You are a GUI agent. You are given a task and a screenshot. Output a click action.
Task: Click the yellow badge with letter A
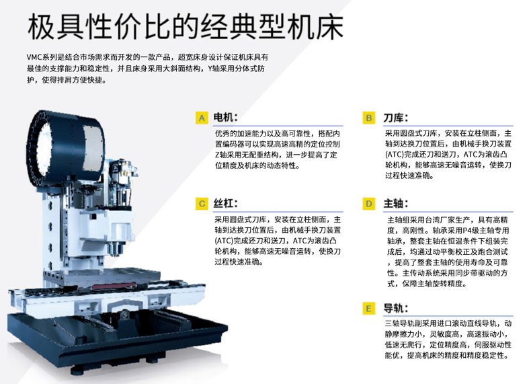pyautogui.click(x=202, y=118)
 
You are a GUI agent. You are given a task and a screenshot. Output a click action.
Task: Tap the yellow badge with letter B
pyautogui.click(x=369, y=118)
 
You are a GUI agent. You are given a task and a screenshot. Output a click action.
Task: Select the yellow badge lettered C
pyautogui.click(x=202, y=204)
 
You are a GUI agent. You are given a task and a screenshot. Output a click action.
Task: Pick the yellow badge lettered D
pyautogui.click(x=369, y=204)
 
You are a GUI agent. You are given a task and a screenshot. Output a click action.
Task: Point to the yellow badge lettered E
pyautogui.click(x=369, y=309)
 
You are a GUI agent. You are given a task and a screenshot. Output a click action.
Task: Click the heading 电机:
pyautogui.click(x=226, y=117)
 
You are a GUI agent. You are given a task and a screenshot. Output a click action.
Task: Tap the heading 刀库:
pyautogui.click(x=396, y=118)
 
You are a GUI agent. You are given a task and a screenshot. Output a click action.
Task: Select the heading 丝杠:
pyautogui.click(x=226, y=203)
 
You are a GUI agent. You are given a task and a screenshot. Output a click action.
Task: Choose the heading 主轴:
pyautogui.click(x=396, y=203)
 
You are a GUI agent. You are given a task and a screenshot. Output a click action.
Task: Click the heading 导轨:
pyautogui.click(x=396, y=309)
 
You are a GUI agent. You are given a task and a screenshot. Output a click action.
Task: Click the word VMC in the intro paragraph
pyautogui.click(x=34, y=57)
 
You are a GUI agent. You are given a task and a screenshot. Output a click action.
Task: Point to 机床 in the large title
pyautogui.click(x=316, y=27)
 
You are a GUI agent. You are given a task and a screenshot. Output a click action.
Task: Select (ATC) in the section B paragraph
pyautogui.click(x=395, y=155)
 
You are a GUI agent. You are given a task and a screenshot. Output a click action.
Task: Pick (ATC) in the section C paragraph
pyautogui.click(x=224, y=241)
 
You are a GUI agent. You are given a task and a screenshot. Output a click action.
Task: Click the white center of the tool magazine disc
pyautogui.click(x=44, y=149)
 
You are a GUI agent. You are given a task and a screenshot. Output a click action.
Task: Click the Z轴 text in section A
pyautogui.click(x=220, y=155)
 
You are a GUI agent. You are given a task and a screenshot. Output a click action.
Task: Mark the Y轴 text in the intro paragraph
pyautogui.click(x=213, y=69)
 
